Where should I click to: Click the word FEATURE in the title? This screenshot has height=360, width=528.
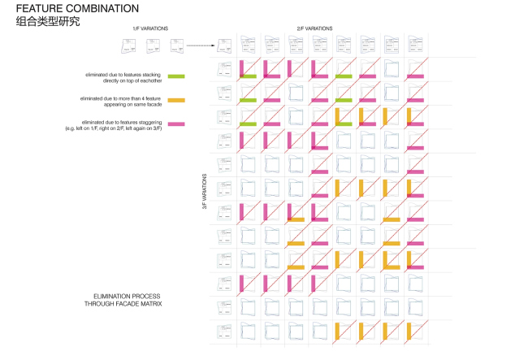pyautogui.click(x=38, y=8)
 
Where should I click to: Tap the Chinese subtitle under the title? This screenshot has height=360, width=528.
pyautogui.click(x=48, y=22)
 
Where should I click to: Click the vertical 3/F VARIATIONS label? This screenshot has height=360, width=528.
pyautogui.click(x=205, y=193)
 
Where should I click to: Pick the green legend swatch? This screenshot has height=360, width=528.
pyautogui.click(x=176, y=76)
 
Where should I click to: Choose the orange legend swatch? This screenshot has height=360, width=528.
pyautogui.click(x=176, y=100)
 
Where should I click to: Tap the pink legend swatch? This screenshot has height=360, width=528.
pyautogui.click(x=176, y=124)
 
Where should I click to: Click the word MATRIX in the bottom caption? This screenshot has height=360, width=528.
pyautogui.click(x=153, y=303)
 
